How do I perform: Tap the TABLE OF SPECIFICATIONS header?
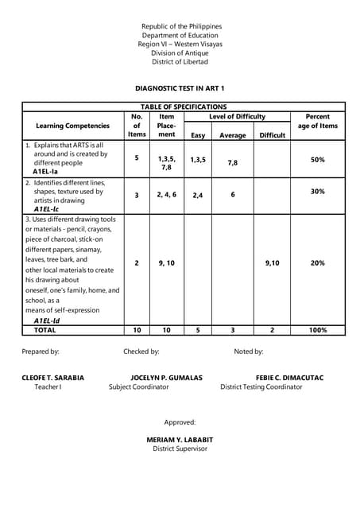(184, 107)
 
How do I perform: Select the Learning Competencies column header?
(73, 126)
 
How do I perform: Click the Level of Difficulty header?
(237, 116)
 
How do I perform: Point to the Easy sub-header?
(198, 135)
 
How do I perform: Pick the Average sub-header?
(233, 135)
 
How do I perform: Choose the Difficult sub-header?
(272, 135)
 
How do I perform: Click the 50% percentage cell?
(318, 160)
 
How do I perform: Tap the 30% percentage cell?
(318, 192)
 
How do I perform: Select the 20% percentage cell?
(318, 263)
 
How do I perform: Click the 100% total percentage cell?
(318, 330)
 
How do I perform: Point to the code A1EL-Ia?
(46, 171)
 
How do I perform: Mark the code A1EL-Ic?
(46, 209)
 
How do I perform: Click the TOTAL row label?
(45, 330)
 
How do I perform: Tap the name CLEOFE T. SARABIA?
(53, 377)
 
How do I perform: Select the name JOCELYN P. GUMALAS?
(166, 377)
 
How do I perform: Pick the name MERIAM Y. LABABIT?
(180, 439)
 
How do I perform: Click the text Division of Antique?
(180, 53)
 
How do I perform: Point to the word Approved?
(180, 422)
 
